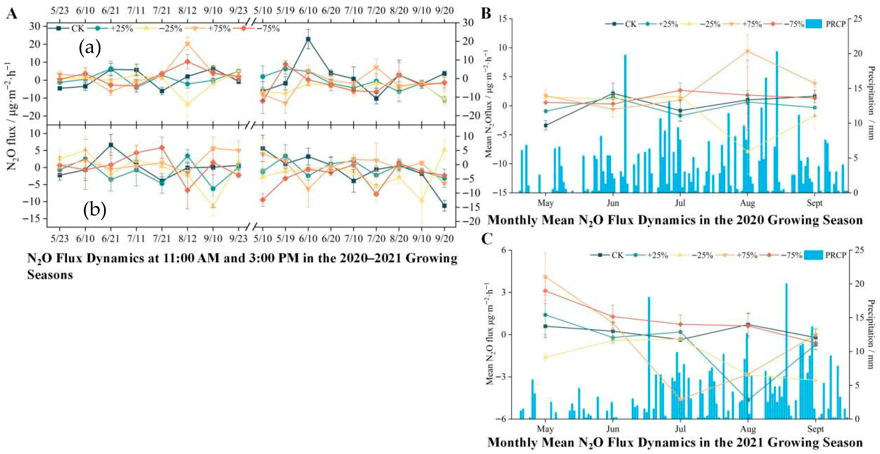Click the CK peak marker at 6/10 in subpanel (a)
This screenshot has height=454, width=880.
coord(308,39)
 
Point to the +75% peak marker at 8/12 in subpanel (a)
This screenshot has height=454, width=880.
coord(188,44)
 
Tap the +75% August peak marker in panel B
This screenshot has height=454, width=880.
coord(748,51)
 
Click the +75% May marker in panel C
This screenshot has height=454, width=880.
coord(546,277)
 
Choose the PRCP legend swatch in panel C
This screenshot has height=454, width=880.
coord(813,255)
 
